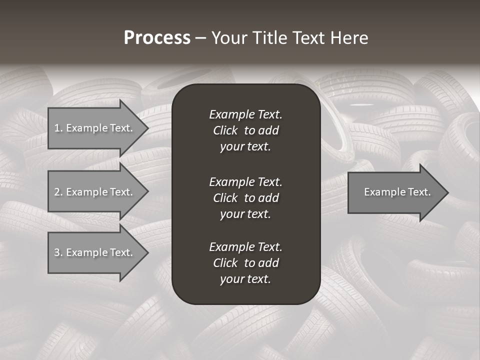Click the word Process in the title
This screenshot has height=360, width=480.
coord(157,38)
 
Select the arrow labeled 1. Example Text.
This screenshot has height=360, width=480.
coord(95,128)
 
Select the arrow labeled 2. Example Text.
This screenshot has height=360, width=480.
coord(95,192)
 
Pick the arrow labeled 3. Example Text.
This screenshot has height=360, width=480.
coord(95,252)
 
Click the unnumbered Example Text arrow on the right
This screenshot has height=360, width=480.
coord(395,192)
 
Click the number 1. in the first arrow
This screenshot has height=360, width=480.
coord(58,128)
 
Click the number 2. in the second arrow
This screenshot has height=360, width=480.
coord(58,192)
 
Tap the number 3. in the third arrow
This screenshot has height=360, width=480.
coord(58,252)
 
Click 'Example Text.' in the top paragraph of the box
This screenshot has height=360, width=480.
coord(245,114)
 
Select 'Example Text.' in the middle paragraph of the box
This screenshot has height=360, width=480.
coord(245,181)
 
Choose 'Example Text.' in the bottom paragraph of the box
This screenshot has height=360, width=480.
coord(245,247)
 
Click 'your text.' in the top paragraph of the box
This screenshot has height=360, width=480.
coord(245,147)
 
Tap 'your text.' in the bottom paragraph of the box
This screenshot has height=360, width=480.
coord(245,279)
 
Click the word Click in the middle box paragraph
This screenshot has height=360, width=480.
coord(225,198)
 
